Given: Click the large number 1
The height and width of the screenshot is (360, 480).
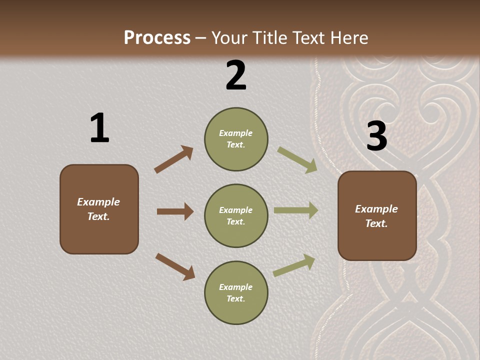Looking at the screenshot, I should pos(99,128).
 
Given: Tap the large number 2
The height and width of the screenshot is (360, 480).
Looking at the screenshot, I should pos(236,75).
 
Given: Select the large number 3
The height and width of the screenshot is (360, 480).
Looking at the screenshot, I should pos(376,136).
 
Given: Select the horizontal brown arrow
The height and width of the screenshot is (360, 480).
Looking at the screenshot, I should pos(175,211).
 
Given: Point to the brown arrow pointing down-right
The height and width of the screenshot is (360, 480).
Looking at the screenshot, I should pos(175,266).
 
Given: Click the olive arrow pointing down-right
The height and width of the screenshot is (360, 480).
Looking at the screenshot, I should pos(297,160).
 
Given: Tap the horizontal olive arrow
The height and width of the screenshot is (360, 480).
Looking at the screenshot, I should pos(296,210).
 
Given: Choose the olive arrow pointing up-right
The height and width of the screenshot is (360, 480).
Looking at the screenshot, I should pos(294,265).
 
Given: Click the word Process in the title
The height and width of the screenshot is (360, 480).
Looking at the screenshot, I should pos(157,37).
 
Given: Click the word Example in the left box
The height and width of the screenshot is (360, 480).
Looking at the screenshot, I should pos(98,202).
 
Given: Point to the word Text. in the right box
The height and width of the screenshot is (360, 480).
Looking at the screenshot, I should pos(376,223).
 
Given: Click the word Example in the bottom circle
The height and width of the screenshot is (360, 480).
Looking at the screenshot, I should pos(236,287).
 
